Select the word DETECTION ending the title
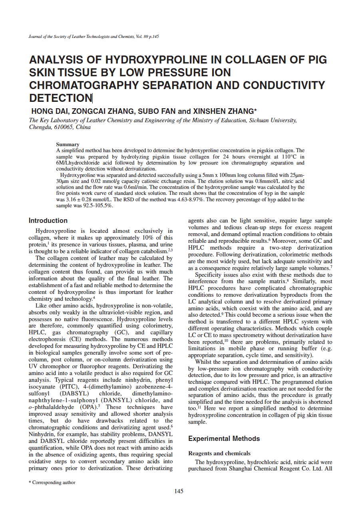[61, 98]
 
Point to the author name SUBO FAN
[157, 111]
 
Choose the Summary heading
[68, 145]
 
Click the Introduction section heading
[48, 220]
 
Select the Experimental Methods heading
[224, 439]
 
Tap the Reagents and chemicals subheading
[219, 453]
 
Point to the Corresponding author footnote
[54, 482]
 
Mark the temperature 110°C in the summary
[294, 157]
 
